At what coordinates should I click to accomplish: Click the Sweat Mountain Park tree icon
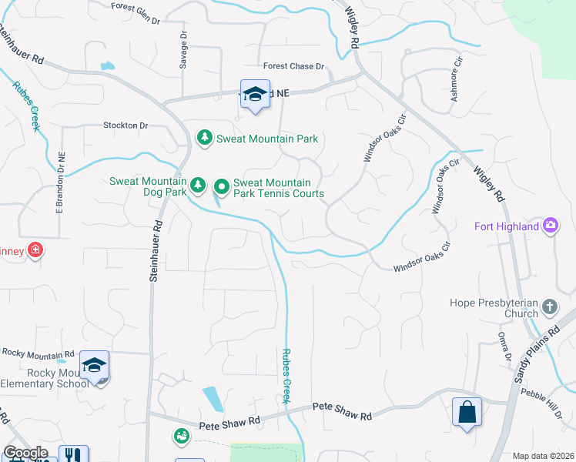(x=205, y=139)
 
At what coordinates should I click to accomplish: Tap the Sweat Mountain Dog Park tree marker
(x=198, y=185)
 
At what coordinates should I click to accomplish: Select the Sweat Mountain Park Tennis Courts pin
(x=222, y=186)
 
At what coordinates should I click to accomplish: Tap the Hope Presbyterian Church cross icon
(x=550, y=306)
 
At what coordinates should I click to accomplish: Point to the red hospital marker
(x=35, y=249)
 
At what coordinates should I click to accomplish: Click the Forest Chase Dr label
(x=294, y=67)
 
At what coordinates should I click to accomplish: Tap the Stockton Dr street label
(x=126, y=125)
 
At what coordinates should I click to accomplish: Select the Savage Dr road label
(x=184, y=51)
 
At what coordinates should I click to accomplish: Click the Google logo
(x=25, y=453)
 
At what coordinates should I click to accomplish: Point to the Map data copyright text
(x=542, y=456)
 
